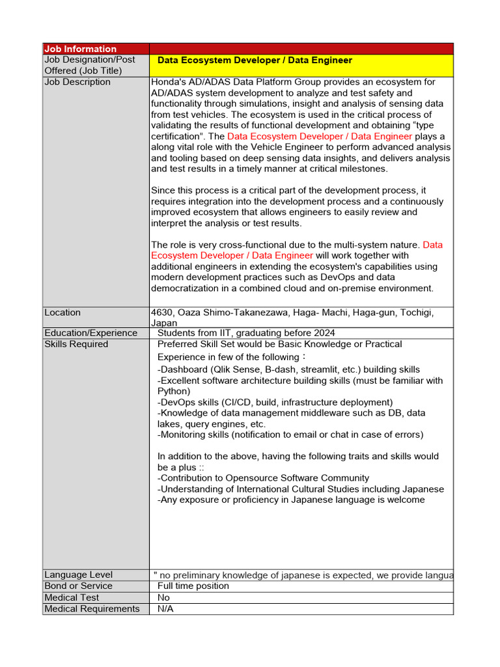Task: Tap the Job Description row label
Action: pyautogui.click(x=77, y=82)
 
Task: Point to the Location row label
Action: pyautogui.click(x=62, y=313)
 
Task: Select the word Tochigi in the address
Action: pyautogui.click(x=415, y=313)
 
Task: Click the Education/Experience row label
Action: pyautogui.click(x=91, y=333)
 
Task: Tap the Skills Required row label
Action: pyautogui.click(x=76, y=344)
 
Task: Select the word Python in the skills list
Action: pyautogui.click(x=174, y=391)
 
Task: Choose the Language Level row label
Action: pyautogui.click(x=78, y=575)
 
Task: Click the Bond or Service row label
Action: pyautogui.click(x=78, y=586)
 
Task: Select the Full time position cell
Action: pyautogui.click(x=193, y=586)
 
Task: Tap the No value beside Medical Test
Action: pyautogui.click(x=164, y=597)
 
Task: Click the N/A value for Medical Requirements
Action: pyautogui.click(x=165, y=609)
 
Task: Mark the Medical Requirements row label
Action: pyautogui.click(x=92, y=609)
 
